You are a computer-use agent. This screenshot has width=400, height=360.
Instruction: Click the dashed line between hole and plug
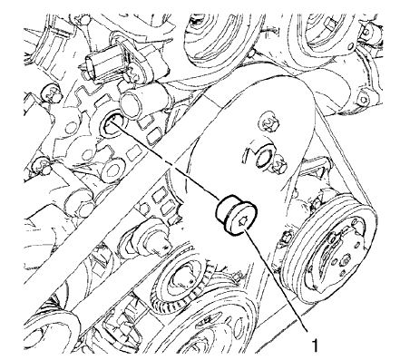(x=172, y=168)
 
